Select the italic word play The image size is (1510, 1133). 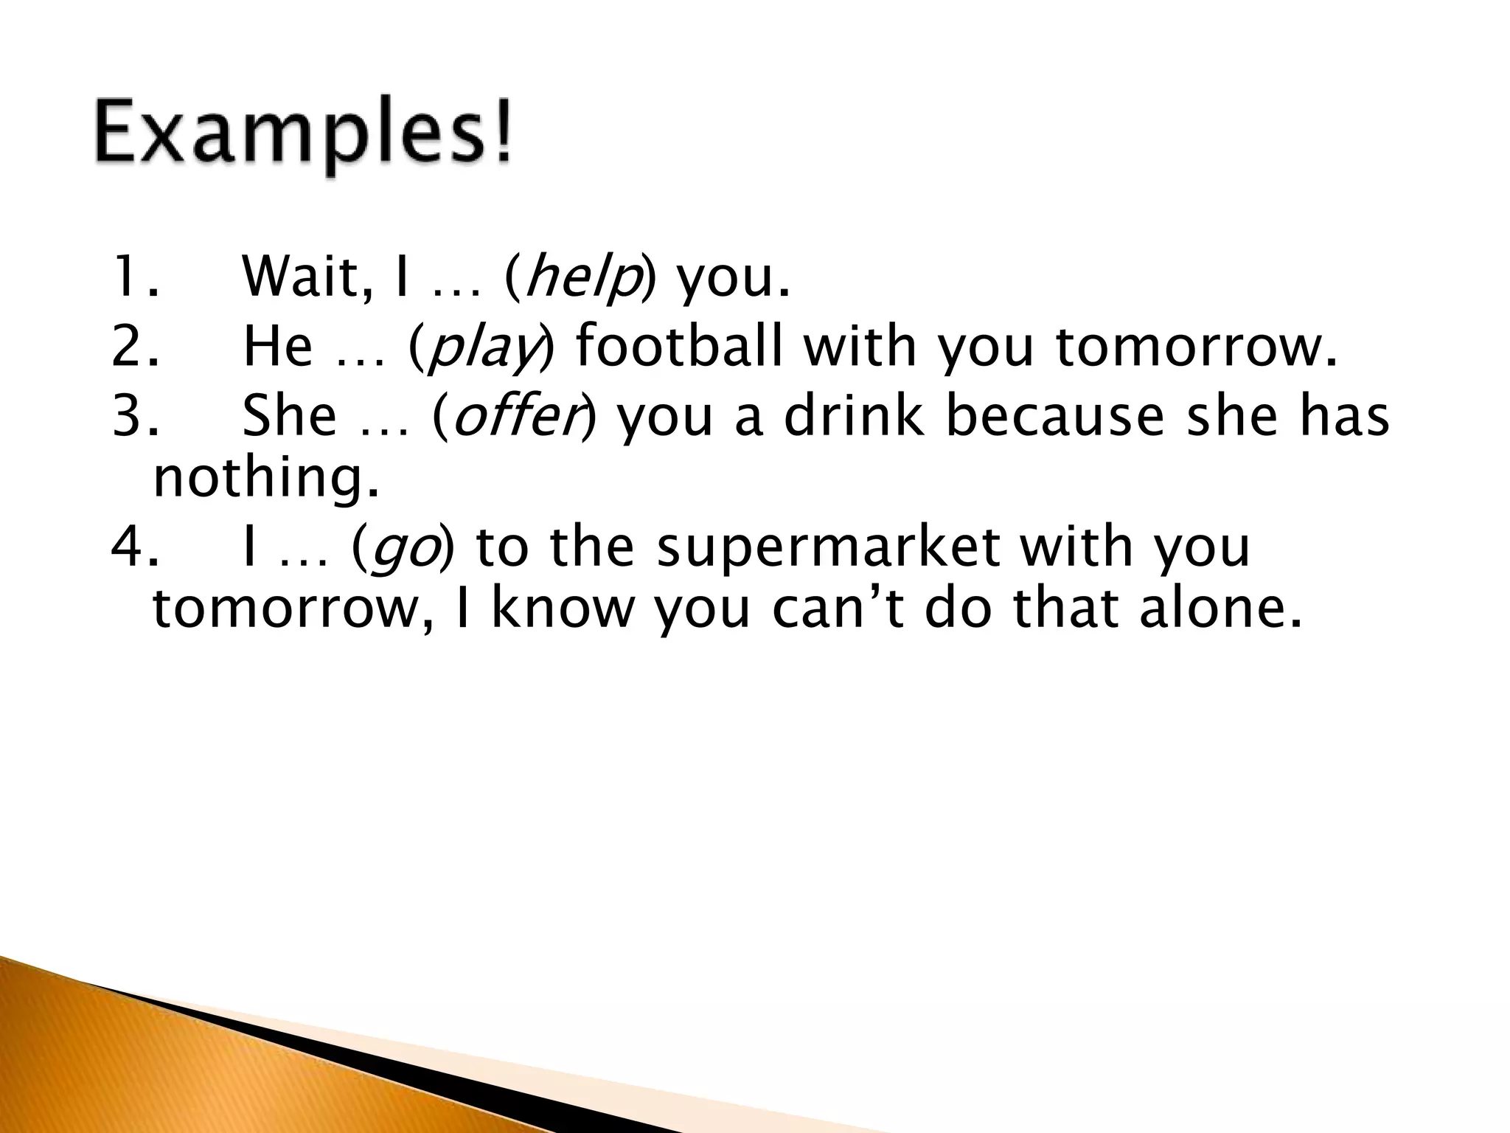click(x=484, y=348)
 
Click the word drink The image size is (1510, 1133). click(x=853, y=415)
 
